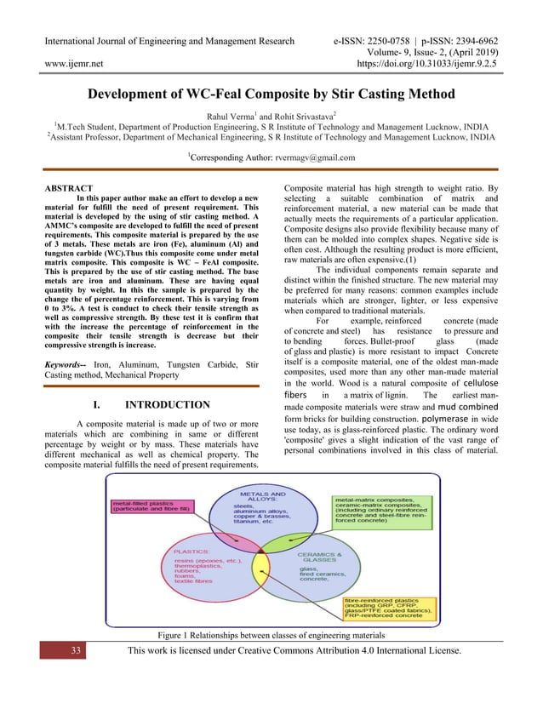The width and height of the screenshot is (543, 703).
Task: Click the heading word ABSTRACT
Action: tap(69, 187)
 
